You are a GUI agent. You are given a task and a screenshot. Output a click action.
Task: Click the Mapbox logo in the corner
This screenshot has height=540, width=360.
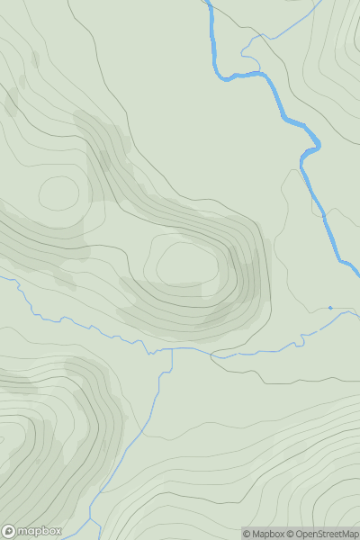(32, 531)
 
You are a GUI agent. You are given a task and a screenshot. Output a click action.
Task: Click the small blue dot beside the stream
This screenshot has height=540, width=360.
(330, 308)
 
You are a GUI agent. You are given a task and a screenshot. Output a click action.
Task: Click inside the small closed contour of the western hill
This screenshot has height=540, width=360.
(59, 193)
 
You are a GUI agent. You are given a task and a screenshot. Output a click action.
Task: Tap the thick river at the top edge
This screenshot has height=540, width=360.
(209, 3)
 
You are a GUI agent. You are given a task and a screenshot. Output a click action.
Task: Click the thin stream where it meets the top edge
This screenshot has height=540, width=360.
(317, 3)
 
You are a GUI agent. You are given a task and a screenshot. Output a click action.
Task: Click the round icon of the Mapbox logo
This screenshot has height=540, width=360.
(8, 531)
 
